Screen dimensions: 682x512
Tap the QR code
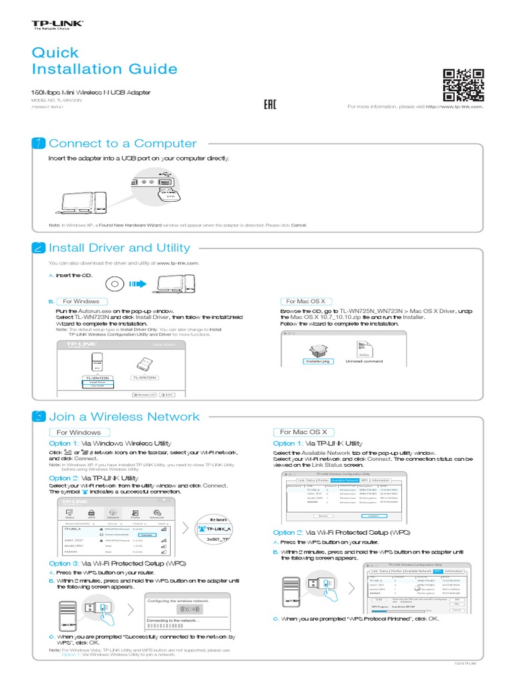tap(463, 85)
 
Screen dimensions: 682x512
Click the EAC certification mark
tap(270, 105)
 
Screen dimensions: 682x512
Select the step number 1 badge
tap(39, 144)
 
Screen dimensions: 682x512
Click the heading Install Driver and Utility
tap(119, 248)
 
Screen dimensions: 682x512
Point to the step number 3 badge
tap(39, 417)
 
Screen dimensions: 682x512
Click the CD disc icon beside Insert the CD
tap(113, 285)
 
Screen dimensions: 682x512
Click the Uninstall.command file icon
tap(364, 350)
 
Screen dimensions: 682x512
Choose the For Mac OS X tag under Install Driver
tap(305, 301)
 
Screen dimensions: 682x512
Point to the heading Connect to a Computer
tap(123, 144)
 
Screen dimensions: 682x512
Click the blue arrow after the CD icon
tap(137, 285)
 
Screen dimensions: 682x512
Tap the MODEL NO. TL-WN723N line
tap(57, 99)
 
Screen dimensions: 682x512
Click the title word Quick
tap(55, 53)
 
